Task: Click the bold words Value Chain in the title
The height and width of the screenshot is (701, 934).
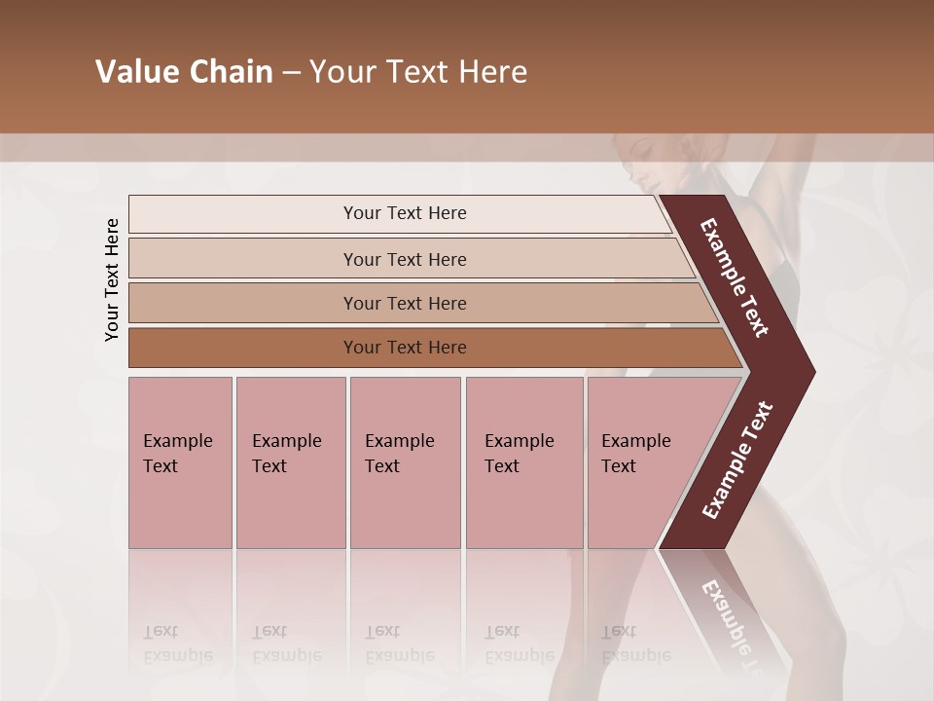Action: click(184, 72)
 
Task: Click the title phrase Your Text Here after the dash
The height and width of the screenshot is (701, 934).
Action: click(418, 72)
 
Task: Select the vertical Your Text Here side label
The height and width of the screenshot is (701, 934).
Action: click(112, 279)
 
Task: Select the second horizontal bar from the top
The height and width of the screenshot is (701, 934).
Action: click(404, 259)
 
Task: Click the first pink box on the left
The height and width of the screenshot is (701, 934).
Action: click(180, 461)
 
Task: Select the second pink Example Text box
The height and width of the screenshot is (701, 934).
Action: click(290, 461)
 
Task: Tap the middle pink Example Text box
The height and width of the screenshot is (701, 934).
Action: click(405, 461)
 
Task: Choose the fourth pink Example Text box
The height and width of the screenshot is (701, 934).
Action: click(523, 461)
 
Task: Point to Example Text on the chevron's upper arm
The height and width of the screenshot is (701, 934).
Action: click(735, 277)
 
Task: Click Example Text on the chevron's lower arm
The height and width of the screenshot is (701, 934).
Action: click(737, 461)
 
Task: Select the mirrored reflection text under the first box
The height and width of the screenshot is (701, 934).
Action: click(178, 644)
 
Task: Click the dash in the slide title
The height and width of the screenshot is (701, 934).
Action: click(291, 72)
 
